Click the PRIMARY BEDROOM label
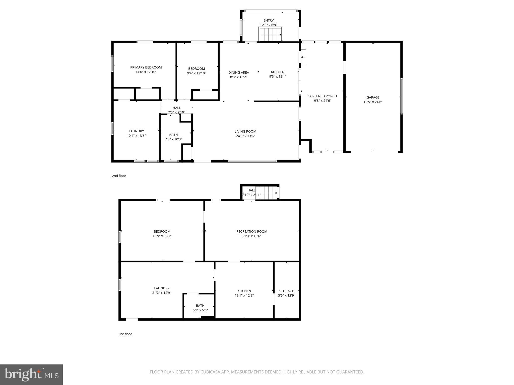tap(146, 67)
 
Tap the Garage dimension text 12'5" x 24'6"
tap(373, 102)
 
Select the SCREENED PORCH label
tap(323, 96)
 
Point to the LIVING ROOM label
tap(245, 132)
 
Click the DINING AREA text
tap(238, 73)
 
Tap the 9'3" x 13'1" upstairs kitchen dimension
tap(278, 77)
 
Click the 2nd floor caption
tap(119, 176)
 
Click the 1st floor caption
tap(125, 334)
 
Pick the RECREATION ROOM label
tap(251, 232)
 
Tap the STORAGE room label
tap(286, 291)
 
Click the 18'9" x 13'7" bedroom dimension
tap(162, 236)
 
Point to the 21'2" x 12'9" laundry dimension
tap(162, 293)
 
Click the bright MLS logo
tap(31, 374)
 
